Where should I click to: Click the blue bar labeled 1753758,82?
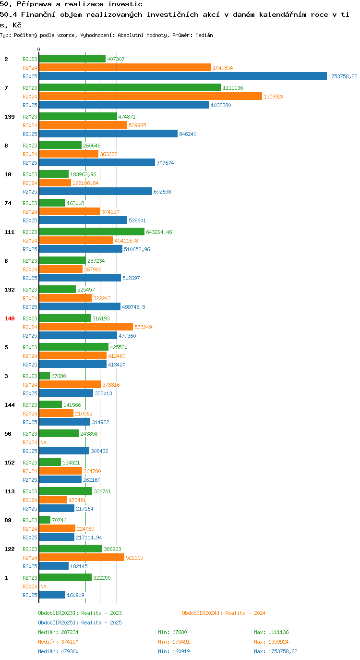tap(183, 76)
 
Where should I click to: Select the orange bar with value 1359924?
tap(150, 97)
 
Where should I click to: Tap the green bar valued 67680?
tap(45, 376)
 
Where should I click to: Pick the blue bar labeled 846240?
tap(108, 134)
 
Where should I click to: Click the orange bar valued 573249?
tap(86, 327)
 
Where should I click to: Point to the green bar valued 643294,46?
tap(92, 232)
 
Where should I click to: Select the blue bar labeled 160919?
tap(52, 595)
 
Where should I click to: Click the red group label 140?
tap(10, 318)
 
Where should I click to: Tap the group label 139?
tap(10, 117)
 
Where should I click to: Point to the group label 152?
tap(10, 463)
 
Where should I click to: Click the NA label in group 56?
tap(43, 442)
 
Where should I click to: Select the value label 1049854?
tap(223, 68)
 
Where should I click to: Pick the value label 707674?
tap(165, 163)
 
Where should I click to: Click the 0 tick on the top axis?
tap(38, 50)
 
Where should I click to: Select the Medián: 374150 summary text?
tap(58, 642)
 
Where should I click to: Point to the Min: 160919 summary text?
tap(174, 651)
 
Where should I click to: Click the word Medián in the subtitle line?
tap(204, 35)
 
